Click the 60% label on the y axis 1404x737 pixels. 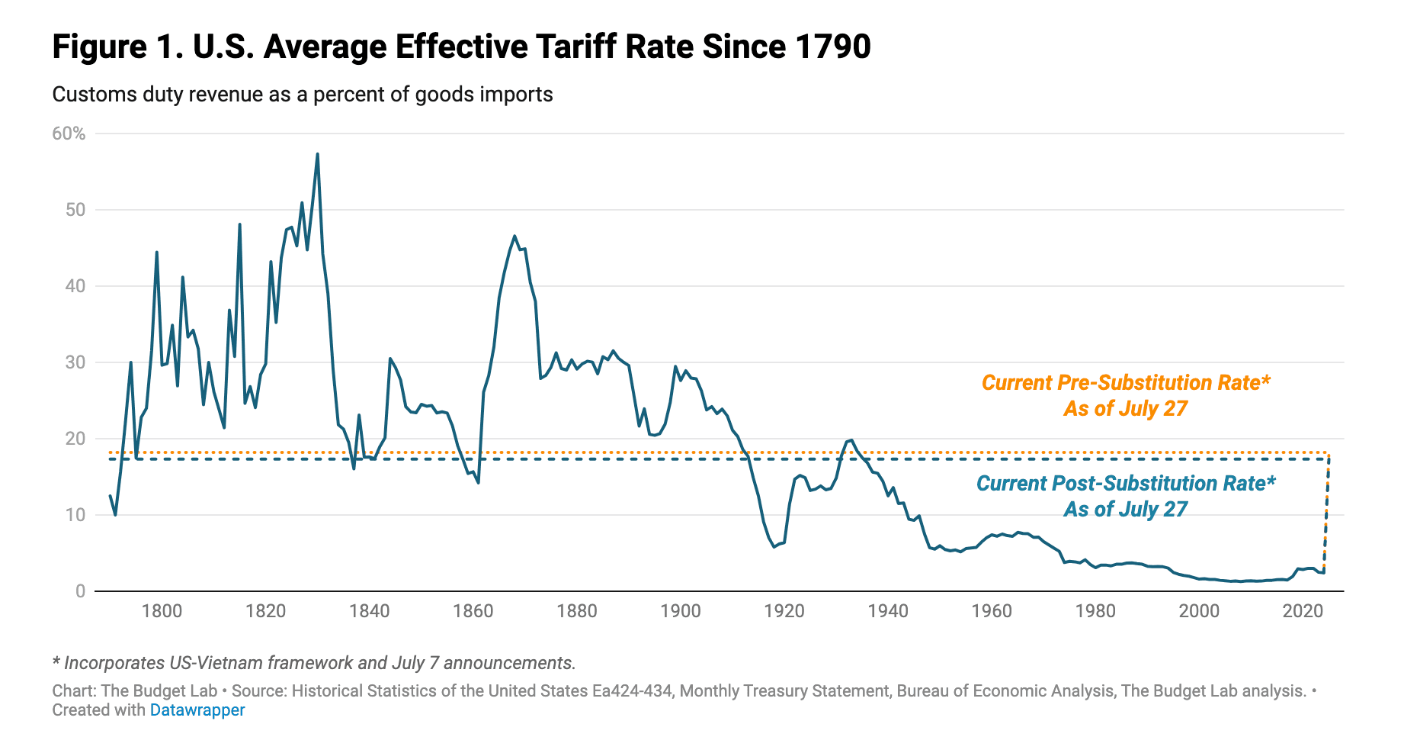pos(69,134)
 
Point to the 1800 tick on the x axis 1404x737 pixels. pos(162,610)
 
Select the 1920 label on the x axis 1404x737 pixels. pos(784,610)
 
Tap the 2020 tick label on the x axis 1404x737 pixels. pos(1303,610)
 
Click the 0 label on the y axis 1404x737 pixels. pos(80,591)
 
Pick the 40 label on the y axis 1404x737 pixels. pos(75,286)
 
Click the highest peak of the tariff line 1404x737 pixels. pos(317,154)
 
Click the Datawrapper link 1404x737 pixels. pos(197,710)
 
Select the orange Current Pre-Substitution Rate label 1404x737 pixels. pos(1125,395)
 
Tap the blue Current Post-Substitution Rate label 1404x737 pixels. pos(1125,496)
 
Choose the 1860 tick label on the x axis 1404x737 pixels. pos(473,610)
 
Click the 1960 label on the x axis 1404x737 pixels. pos(992,610)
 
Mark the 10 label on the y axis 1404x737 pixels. pos(75,515)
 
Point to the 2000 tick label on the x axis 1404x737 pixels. pos(1199,610)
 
